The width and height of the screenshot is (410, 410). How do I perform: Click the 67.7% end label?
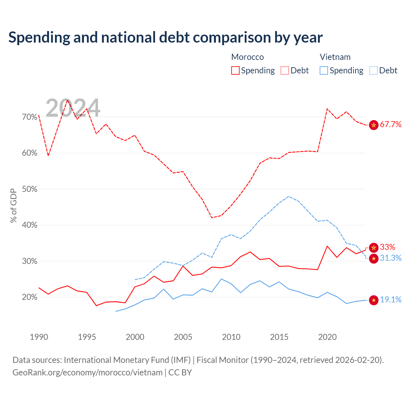pyautogui.click(x=390, y=124)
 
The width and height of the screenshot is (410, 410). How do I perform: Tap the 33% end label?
pyautogui.click(x=388, y=247)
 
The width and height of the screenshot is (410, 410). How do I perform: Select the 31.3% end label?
pyautogui.click(x=390, y=258)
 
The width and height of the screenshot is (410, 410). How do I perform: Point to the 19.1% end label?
pyautogui.click(x=390, y=299)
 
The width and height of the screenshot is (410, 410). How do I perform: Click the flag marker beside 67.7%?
pyautogui.click(x=373, y=125)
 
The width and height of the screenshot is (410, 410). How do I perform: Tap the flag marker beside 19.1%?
pyautogui.click(x=373, y=300)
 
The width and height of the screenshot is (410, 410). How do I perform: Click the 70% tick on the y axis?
pyautogui.click(x=29, y=117)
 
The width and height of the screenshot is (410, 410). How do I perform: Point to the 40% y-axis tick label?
pyautogui.click(x=29, y=225)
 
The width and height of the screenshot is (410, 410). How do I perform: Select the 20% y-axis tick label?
pyautogui.click(x=29, y=297)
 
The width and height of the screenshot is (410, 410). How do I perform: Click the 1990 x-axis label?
pyautogui.click(x=39, y=337)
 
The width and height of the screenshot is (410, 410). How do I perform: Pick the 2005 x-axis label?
pyautogui.click(x=183, y=337)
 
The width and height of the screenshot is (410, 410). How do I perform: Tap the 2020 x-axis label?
pyautogui.click(x=327, y=337)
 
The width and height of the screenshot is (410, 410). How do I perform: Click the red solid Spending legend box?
pyautogui.click(x=235, y=70)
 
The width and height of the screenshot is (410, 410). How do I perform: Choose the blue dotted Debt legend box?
pyautogui.click(x=373, y=70)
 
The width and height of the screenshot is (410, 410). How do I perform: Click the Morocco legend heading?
pyautogui.click(x=248, y=57)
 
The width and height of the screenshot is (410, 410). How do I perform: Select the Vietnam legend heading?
pyautogui.click(x=335, y=57)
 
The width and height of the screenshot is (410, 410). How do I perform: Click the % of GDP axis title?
pyautogui.click(x=13, y=206)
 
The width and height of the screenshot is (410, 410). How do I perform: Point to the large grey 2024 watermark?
pyautogui.click(x=73, y=108)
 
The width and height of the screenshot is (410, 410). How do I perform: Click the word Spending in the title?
pyautogui.click(x=39, y=38)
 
